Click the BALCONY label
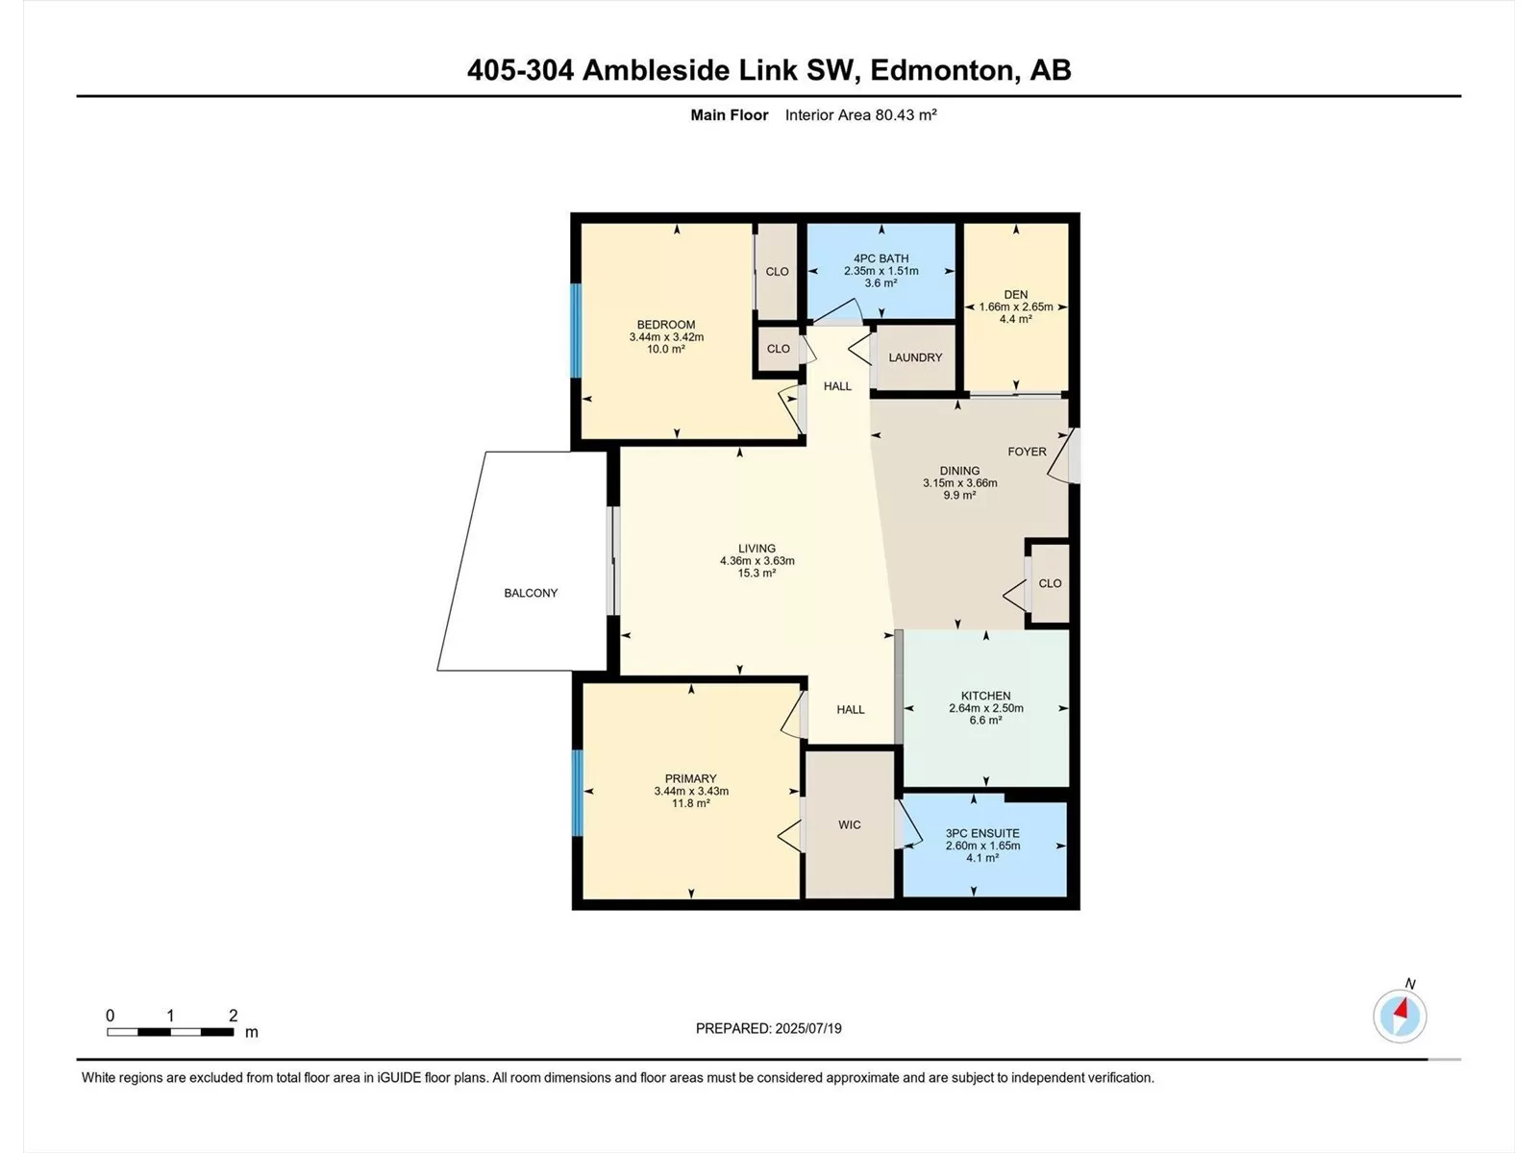531,593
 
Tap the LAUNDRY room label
915,357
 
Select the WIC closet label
849,824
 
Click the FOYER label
1027,452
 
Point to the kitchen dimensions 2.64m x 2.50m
986,708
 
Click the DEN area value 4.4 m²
1015,319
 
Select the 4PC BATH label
881,258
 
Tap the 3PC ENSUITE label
982,833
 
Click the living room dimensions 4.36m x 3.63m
757,561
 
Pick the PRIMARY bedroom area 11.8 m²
691,803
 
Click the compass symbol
1400,1016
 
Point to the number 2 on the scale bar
234,1015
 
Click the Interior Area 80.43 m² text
860,114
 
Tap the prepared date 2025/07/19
807,1028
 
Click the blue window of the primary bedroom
578,793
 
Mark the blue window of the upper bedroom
576,331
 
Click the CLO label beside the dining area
1050,583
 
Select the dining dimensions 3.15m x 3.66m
960,482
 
